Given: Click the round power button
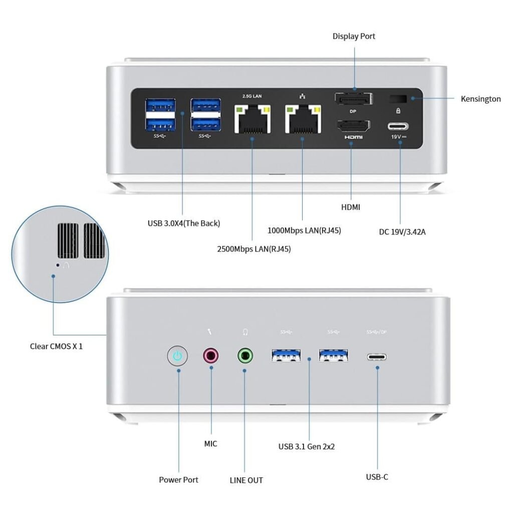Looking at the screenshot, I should [177, 356].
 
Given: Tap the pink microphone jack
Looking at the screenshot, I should [211, 356].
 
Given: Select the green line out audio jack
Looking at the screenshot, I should [245, 356].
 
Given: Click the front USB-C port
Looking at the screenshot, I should [377, 357].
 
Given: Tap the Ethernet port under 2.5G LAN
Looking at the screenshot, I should [252, 119].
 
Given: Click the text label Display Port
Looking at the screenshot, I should [354, 36].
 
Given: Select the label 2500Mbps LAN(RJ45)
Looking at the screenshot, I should [254, 248].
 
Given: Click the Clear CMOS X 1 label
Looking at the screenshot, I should [56, 346].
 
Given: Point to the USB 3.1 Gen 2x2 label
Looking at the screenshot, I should [307, 446].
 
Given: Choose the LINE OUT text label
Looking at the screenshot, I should [246, 480].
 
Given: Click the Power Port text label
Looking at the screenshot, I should [178, 479].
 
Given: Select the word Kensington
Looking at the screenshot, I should [480, 99].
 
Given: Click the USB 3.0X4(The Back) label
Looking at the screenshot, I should [184, 223].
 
